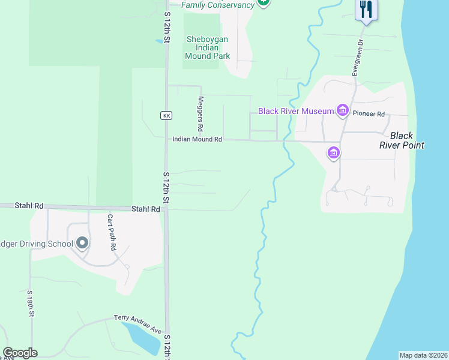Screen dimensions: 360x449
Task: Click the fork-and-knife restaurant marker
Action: (x=366, y=9)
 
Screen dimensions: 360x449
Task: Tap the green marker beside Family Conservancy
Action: (x=263, y=3)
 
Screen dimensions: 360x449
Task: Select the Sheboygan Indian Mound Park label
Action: (x=207, y=47)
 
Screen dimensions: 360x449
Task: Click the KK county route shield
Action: (x=166, y=115)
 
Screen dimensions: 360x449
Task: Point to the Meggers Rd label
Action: (x=200, y=114)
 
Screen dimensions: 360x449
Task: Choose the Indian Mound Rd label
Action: (x=197, y=139)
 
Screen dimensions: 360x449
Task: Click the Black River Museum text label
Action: (x=295, y=111)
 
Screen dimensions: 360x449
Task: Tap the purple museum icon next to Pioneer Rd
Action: (x=343, y=110)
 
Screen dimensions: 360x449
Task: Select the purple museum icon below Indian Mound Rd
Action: (x=334, y=153)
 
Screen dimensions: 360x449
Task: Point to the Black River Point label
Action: (x=402, y=140)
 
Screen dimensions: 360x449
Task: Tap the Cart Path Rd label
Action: (x=112, y=232)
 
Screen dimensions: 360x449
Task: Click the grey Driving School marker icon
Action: (x=82, y=243)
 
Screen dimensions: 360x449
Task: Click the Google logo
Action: (x=20, y=353)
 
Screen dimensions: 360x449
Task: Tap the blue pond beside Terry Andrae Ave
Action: (x=142, y=337)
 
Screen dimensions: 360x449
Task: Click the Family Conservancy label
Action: (x=218, y=5)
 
